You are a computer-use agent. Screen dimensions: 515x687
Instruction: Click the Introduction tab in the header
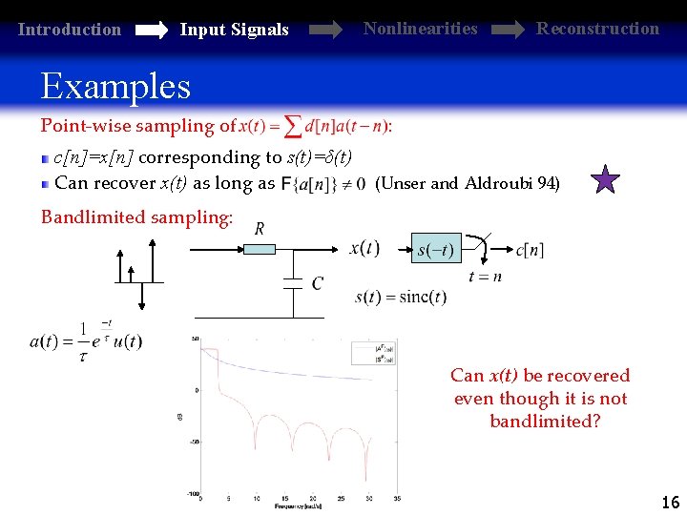pyautogui.click(x=70, y=30)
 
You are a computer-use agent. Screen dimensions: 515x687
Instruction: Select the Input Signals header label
pyautogui.click(x=234, y=30)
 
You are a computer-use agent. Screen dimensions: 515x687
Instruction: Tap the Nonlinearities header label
pyautogui.click(x=420, y=28)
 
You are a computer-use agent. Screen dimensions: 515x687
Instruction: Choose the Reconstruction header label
pyautogui.click(x=597, y=28)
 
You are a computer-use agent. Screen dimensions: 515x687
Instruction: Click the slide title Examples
pyautogui.click(x=115, y=87)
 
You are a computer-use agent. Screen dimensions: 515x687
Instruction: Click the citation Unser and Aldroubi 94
pyautogui.click(x=468, y=183)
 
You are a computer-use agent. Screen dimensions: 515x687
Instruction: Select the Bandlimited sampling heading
pyautogui.click(x=136, y=217)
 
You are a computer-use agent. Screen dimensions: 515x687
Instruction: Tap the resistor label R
pyautogui.click(x=259, y=229)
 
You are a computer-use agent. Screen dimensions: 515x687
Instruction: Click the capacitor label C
pyautogui.click(x=317, y=283)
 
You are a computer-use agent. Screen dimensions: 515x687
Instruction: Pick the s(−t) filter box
pyautogui.click(x=435, y=251)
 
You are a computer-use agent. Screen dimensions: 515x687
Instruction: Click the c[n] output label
pyautogui.click(x=530, y=250)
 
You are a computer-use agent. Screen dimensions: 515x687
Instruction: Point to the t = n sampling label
pyautogui.click(x=485, y=278)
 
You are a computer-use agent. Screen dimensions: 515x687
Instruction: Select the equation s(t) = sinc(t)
pyautogui.click(x=400, y=297)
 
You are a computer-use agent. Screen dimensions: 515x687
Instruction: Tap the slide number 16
pyautogui.click(x=670, y=502)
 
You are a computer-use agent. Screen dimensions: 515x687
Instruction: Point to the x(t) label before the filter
pyautogui.click(x=364, y=249)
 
